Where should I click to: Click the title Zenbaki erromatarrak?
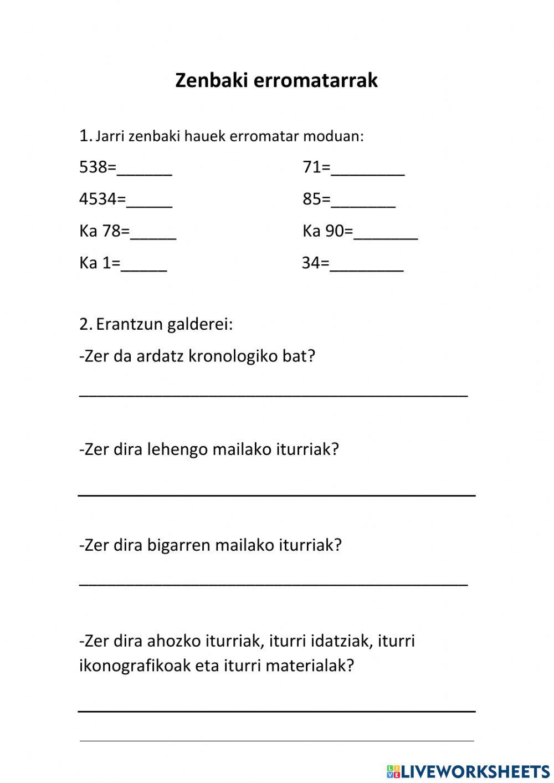[x=276, y=80]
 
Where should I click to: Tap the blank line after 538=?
[x=145, y=168]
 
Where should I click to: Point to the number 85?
[x=312, y=199]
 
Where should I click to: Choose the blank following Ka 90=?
[x=386, y=233]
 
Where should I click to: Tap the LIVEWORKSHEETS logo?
[x=468, y=771]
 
